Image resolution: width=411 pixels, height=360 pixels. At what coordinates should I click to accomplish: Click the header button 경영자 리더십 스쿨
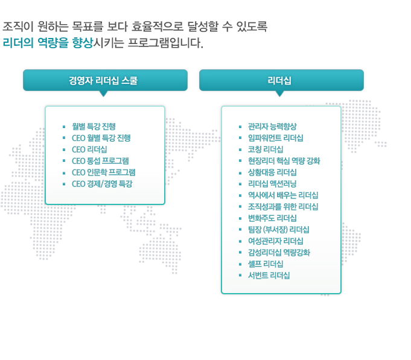pos(105,80)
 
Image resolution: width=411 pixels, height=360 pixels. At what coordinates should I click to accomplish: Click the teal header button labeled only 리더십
pos(281,80)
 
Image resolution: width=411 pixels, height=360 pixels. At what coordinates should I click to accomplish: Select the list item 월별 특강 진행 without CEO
pos(94,127)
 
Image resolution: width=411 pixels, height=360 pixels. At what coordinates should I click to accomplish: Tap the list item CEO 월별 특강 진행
pos(101,138)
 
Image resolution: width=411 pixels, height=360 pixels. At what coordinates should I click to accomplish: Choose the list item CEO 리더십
pos(89,150)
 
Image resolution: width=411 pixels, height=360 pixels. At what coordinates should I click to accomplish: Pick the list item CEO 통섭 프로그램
pos(100,161)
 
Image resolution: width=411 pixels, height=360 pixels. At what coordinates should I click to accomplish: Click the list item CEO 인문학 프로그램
pos(104,172)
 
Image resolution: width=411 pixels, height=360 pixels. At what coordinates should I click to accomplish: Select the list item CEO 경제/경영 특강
pos(102,184)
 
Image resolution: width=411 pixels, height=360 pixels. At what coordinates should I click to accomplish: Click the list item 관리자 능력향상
pos(272,127)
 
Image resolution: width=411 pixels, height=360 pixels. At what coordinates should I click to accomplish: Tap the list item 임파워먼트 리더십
pos(275,138)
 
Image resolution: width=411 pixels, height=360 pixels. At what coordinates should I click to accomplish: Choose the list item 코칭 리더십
pos(266,150)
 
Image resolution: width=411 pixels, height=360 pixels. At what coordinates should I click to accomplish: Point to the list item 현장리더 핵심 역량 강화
pos(284,161)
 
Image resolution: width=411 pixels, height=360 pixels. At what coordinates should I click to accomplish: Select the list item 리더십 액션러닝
pos(272,184)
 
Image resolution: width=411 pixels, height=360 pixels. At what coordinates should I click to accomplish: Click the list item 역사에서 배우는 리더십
pos(283,195)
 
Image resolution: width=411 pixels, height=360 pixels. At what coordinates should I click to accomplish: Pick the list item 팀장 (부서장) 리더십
pos(279,230)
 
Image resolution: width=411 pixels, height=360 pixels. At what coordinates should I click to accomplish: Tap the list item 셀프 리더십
pos(266,264)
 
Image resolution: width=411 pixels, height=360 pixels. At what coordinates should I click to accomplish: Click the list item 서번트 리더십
pos(269,276)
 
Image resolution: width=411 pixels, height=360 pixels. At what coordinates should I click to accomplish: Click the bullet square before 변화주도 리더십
pos(240,218)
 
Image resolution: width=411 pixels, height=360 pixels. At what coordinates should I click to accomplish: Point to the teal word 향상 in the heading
pos(83,43)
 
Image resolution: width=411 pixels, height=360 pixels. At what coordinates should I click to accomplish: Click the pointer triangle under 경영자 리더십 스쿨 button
pos(104,93)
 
